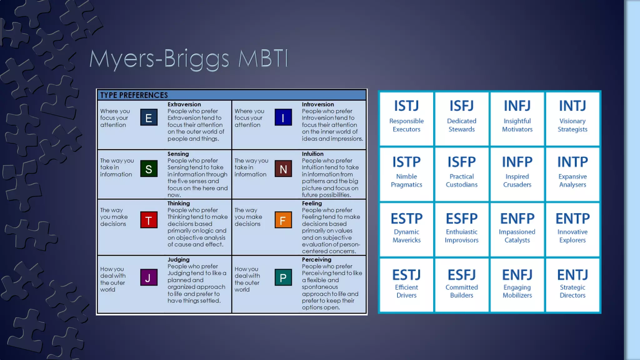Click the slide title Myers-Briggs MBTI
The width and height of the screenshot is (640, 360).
pyautogui.click(x=189, y=59)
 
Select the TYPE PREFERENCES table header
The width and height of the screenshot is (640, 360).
pyautogui.click(x=134, y=95)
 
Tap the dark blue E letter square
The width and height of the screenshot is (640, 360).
pyautogui.click(x=149, y=117)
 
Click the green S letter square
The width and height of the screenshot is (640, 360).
pyautogui.click(x=149, y=169)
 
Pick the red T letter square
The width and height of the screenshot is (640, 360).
pyautogui.click(x=149, y=220)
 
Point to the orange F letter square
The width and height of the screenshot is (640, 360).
pyautogui.click(x=283, y=220)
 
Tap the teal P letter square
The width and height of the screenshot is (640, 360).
pyautogui.click(x=283, y=277)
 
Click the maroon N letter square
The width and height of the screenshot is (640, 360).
pyautogui.click(x=283, y=169)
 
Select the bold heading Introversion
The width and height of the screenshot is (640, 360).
pyautogui.click(x=317, y=104)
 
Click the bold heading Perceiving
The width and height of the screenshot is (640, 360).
pyautogui.click(x=316, y=259)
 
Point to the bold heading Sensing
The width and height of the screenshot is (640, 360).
pyautogui.click(x=178, y=154)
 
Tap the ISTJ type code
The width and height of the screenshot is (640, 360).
pyautogui.click(x=406, y=106)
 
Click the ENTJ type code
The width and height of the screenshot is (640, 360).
pyautogui.click(x=572, y=275)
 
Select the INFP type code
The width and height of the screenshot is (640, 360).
pyautogui.click(x=517, y=162)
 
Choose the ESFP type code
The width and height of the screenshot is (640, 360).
pyautogui.click(x=462, y=218)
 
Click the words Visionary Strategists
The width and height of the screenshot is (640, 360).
pyautogui.click(x=572, y=125)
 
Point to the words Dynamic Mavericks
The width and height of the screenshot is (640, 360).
pyautogui.click(x=406, y=236)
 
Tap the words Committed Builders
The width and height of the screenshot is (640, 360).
pyautogui.click(x=462, y=291)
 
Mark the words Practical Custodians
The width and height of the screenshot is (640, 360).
pyautogui.click(x=462, y=181)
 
